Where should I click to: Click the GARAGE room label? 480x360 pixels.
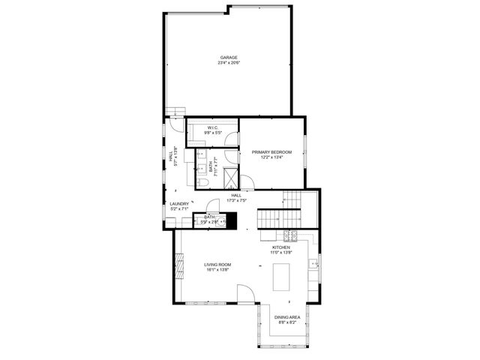point(229,58)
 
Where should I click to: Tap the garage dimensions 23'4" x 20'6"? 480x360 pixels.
point(229,63)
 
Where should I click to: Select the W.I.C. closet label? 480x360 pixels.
point(212,127)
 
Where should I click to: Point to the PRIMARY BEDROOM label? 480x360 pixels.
point(271,151)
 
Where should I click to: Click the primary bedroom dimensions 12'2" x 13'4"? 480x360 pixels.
point(271,157)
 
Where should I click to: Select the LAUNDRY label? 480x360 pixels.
point(178,203)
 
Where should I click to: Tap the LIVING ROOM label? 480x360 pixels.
point(218,264)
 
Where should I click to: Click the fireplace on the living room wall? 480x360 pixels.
point(178,265)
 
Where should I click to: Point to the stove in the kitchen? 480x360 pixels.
point(290,237)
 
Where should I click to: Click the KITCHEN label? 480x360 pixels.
point(281,247)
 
